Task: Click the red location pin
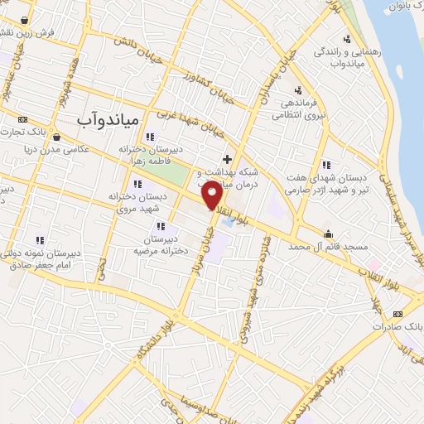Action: (x=213, y=195)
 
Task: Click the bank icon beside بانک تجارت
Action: (x=22, y=118)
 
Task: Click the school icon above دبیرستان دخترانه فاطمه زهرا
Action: (x=150, y=137)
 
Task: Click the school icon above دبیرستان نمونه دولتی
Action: (x=40, y=240)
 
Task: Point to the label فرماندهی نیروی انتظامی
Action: (x=299, y=110)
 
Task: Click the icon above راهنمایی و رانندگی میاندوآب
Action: (x=347, y=38)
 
